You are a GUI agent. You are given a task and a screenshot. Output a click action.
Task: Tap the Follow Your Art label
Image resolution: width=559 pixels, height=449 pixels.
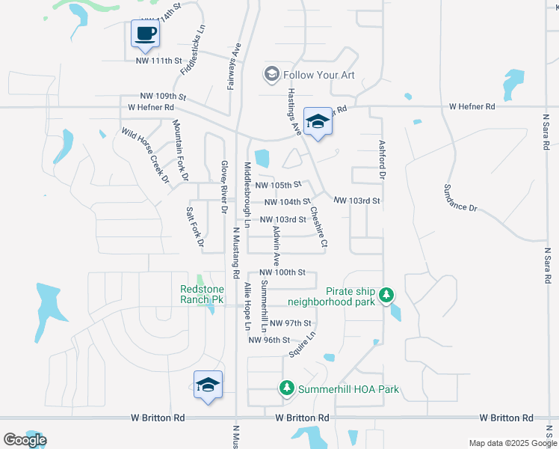318,75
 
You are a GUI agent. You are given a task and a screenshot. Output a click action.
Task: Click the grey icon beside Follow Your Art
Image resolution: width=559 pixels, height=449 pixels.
271,74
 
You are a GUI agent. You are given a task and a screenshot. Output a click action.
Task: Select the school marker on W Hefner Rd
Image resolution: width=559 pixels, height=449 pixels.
318,123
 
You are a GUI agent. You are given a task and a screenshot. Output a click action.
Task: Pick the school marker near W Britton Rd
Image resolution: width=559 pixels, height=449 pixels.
208,386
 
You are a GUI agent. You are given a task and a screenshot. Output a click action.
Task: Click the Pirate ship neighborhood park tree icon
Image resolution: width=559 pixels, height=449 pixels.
386,295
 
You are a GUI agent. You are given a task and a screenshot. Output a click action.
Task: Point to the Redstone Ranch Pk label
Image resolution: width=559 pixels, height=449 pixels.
202,294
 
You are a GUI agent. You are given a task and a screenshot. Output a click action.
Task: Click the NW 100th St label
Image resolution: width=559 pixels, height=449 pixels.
282,272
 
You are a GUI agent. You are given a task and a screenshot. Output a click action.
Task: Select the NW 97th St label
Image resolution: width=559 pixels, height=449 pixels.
291,323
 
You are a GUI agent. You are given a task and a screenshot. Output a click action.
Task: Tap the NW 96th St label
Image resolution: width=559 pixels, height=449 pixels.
269,340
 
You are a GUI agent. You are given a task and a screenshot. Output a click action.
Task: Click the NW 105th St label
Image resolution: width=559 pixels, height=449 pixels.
277,184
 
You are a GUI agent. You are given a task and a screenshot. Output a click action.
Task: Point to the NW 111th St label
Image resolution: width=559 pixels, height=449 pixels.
159,61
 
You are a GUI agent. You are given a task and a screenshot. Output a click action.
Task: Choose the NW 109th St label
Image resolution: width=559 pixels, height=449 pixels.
162,97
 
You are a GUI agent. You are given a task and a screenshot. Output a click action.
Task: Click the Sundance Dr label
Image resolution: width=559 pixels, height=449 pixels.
460,197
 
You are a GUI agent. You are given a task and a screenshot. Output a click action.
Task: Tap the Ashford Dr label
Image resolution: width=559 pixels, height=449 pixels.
381,159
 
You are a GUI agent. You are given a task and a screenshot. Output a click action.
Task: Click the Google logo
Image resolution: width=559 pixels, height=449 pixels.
25,440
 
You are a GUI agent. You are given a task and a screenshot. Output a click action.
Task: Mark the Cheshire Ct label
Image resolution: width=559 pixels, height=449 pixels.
319,227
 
